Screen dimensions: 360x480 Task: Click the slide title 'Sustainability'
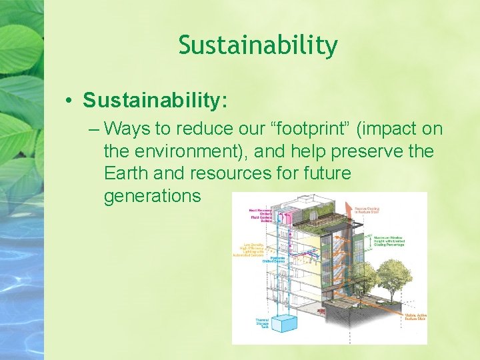click(x=258, y=45)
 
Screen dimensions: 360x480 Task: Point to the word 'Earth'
click(x=126, y=173)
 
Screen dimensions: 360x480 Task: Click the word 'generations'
click(x=152, y=196)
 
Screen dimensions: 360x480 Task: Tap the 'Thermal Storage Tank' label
click(x=262, y=323)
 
